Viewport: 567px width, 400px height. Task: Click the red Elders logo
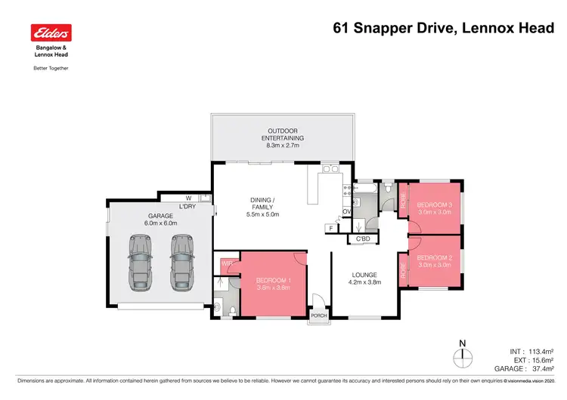[x=50, y=33]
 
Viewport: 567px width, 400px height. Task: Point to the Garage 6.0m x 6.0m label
[x=161, y=219]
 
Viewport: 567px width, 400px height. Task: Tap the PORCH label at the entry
[x=319, y=315]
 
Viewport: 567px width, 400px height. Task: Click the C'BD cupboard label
[x=363, y=239]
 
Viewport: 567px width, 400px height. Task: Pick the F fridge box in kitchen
[x=330, y=227]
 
